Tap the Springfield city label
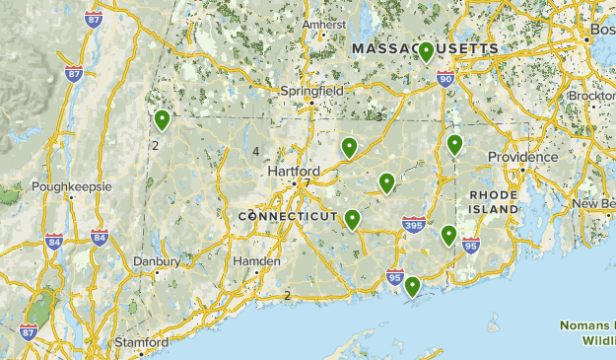(x=310, y=90)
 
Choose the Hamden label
(x=257, y=261)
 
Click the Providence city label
(x=522, y=157)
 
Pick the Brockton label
(x=591, y=97)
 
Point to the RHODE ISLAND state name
(x=494, y=202)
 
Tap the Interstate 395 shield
(x=414, y=228)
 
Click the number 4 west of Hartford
(x=255, y=151)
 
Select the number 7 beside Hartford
(x=307, y=183)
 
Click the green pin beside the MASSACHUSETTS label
(x=426, y=52)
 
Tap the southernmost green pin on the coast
(x=412, y=286)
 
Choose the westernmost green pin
(x=162, y=120)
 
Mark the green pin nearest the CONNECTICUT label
(x=352, y=219)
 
